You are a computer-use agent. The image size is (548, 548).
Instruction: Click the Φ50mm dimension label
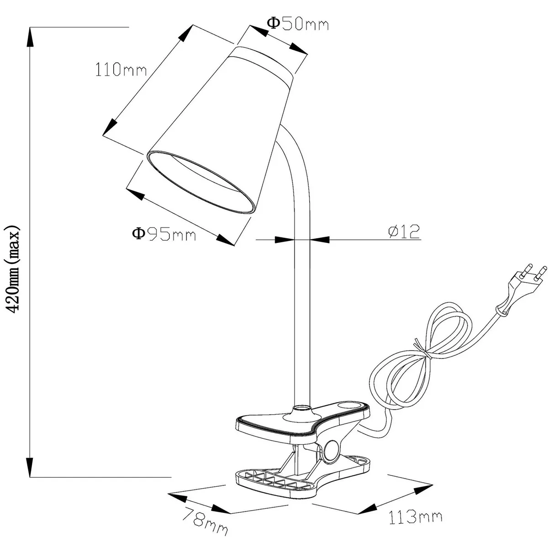click(297, 23)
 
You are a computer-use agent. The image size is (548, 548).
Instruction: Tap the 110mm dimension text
click(121, 70)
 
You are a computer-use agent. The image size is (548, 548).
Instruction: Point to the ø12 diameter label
click(404, 232)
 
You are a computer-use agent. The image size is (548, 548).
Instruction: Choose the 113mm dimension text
click(415, 517)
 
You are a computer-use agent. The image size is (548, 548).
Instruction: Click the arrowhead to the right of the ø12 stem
click(320, 239)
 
